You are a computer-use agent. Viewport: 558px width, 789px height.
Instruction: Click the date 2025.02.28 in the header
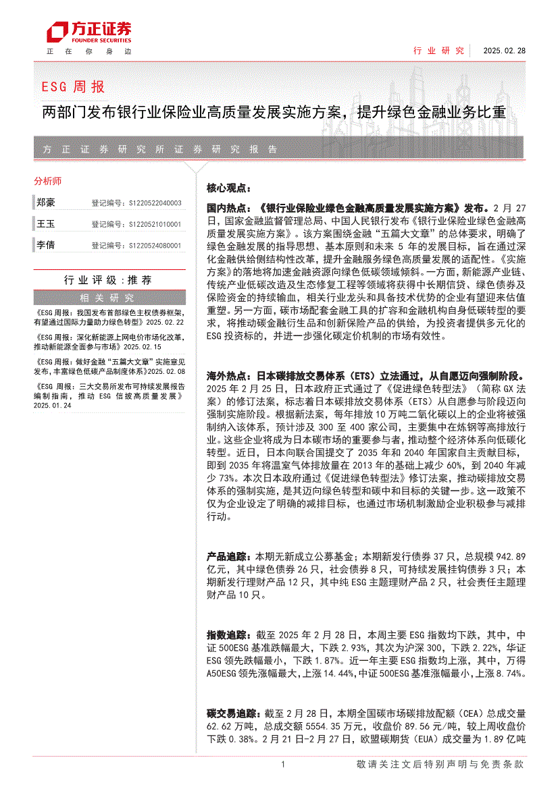point(503,51)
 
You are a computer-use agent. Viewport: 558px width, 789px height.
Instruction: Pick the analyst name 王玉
point(46,224)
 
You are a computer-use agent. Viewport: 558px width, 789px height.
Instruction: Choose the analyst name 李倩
point(46,246)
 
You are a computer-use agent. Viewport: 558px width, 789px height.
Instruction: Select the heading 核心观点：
point(228,188)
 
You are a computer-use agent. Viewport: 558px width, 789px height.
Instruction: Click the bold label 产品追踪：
point(228,557)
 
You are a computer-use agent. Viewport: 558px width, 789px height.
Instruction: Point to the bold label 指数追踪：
point(228,635)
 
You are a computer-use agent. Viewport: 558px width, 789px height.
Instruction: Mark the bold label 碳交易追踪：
point(232,713)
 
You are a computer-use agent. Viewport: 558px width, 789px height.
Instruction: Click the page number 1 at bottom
point(282,764)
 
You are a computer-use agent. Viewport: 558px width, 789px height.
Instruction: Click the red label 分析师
point(47,181)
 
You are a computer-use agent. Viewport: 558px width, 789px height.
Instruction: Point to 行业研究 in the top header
point(438,51)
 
